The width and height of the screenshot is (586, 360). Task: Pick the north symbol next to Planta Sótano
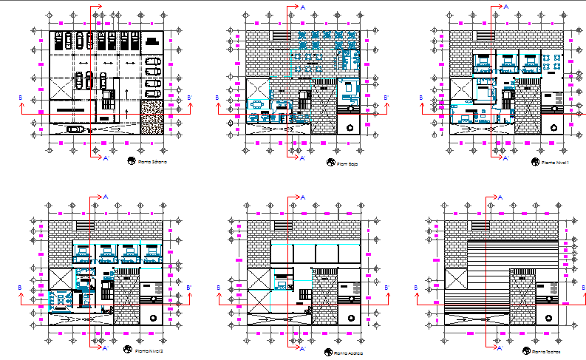(131, 160)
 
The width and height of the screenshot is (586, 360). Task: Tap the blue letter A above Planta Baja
(303, 6)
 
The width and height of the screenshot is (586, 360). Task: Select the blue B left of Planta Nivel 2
(20, 287)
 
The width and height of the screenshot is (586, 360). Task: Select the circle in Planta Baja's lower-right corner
(349, 126)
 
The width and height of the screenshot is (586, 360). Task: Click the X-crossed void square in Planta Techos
(458, 285)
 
